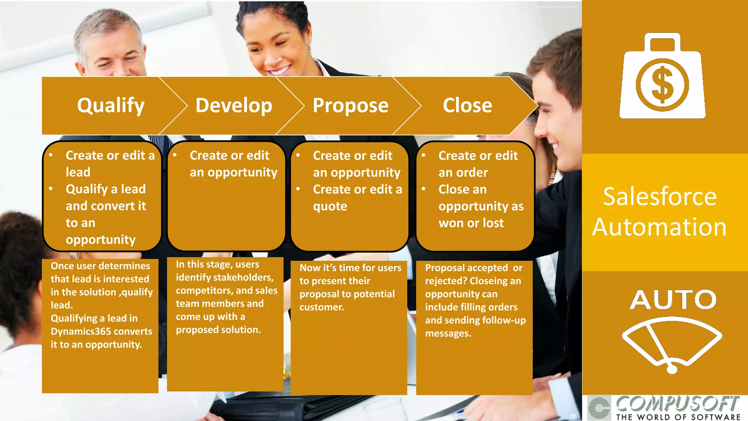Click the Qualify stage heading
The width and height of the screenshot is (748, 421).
coord(111,106)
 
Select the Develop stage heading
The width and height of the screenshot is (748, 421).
coord(234,106)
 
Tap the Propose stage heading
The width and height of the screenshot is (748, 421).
coord(350,106)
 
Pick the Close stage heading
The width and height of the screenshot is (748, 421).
coord(467,106)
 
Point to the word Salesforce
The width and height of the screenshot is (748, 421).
coord(660,197)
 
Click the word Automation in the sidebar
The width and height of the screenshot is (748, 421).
coord(659,227)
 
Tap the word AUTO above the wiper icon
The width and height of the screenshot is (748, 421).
coord(673,300)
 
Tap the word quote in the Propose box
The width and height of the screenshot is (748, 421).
coord(330,206)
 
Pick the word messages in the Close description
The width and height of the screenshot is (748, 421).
coord(448,333)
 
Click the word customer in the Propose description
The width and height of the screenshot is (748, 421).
coord(321,307)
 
